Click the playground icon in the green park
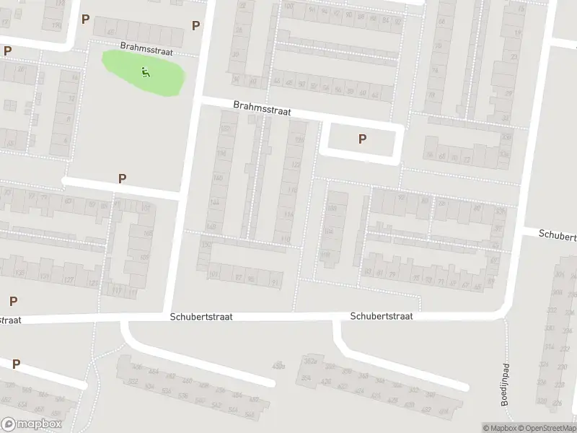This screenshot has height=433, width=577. [146, 71]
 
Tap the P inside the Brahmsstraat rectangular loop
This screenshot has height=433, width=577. [362, 139]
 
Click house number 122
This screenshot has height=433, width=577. [294, 165]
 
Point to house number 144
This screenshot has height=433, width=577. [213, 203]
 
